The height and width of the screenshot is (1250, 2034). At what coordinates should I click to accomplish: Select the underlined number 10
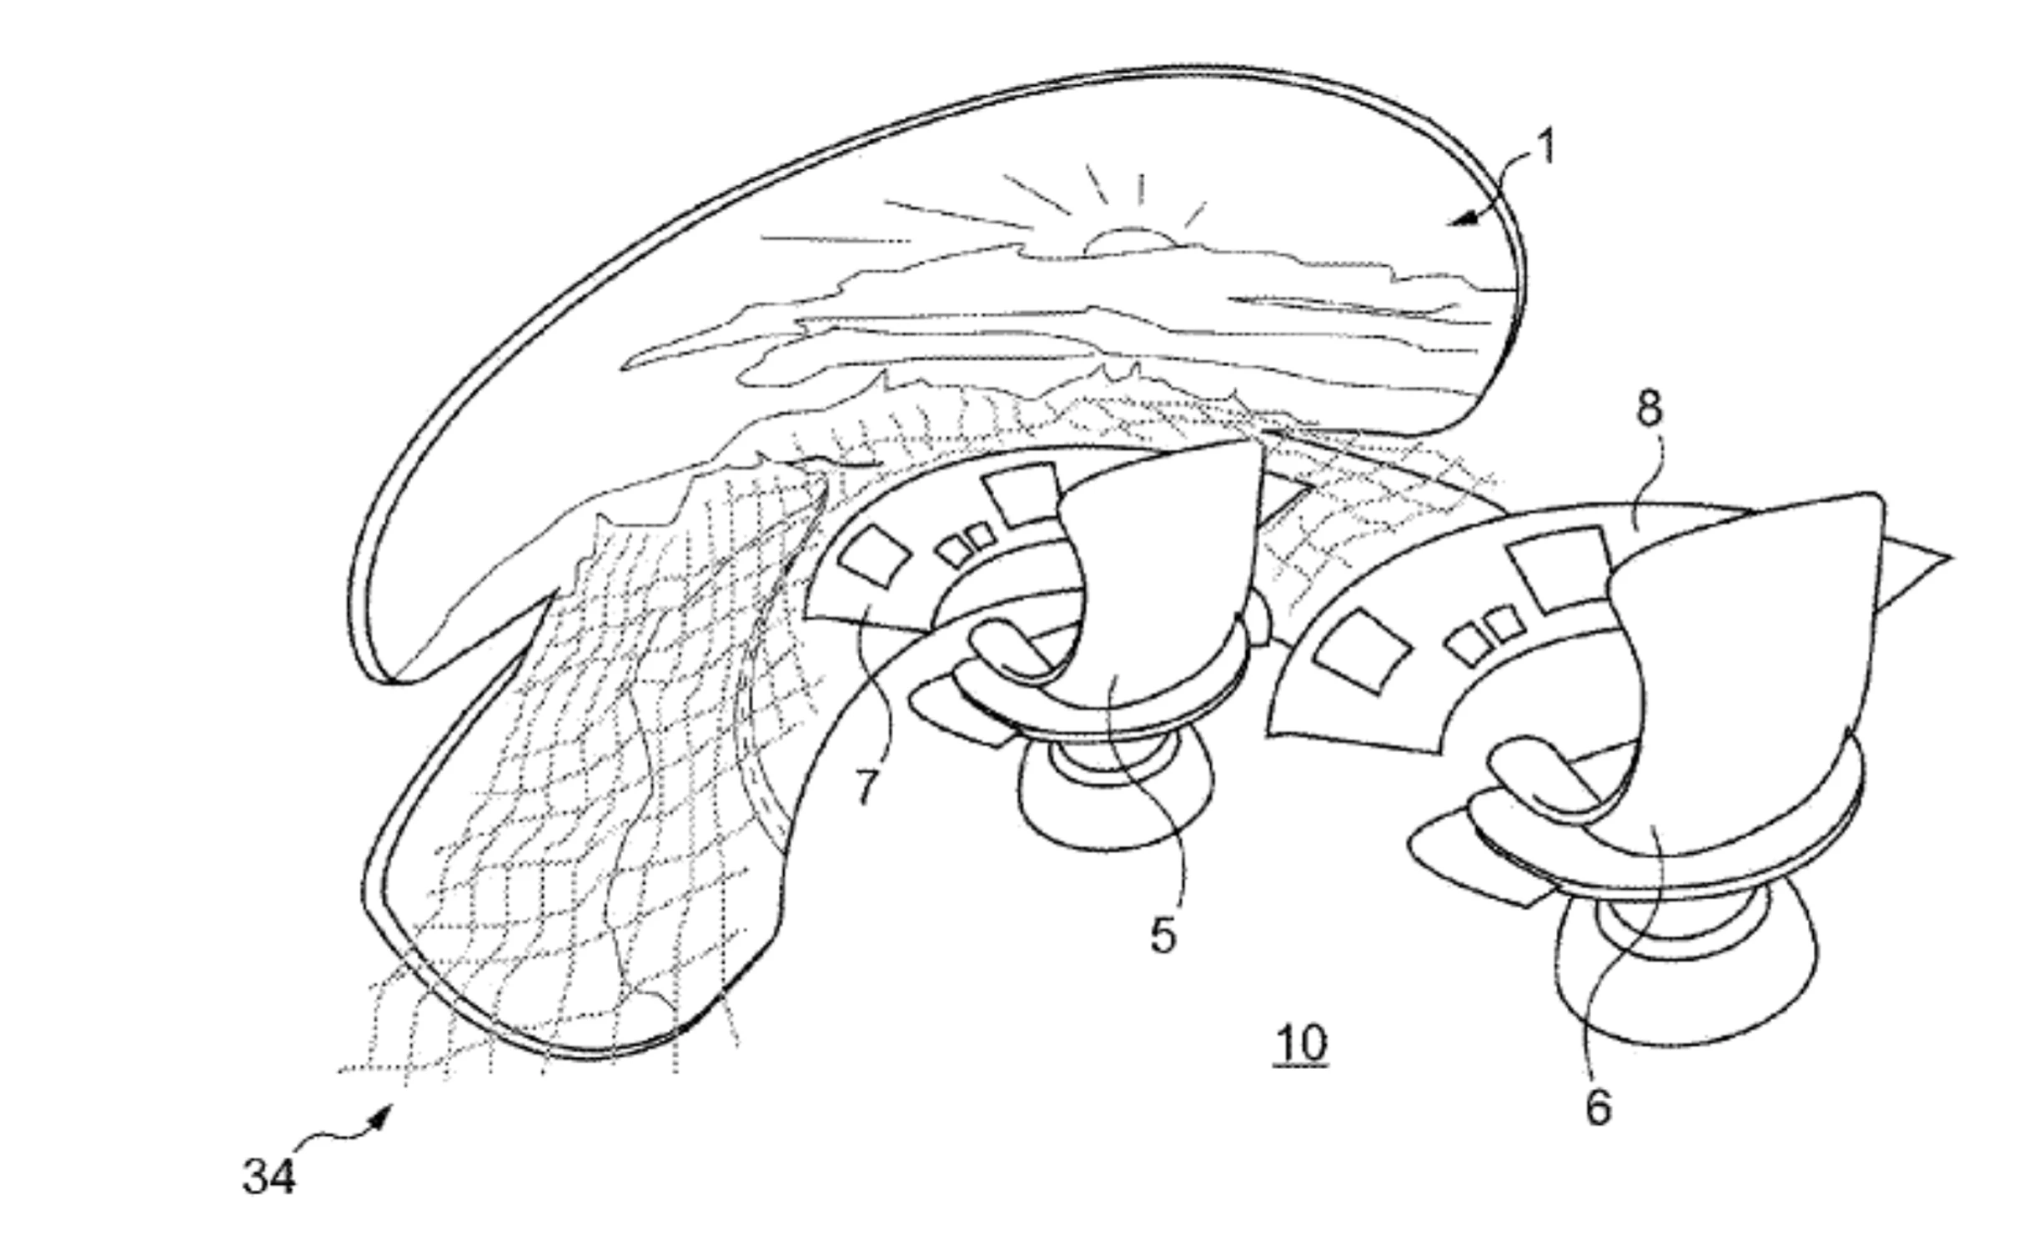(1301, 1043)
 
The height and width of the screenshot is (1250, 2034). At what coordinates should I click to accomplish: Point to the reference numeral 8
(1650, 409)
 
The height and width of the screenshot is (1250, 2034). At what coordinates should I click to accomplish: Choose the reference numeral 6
(1597, 1107)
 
